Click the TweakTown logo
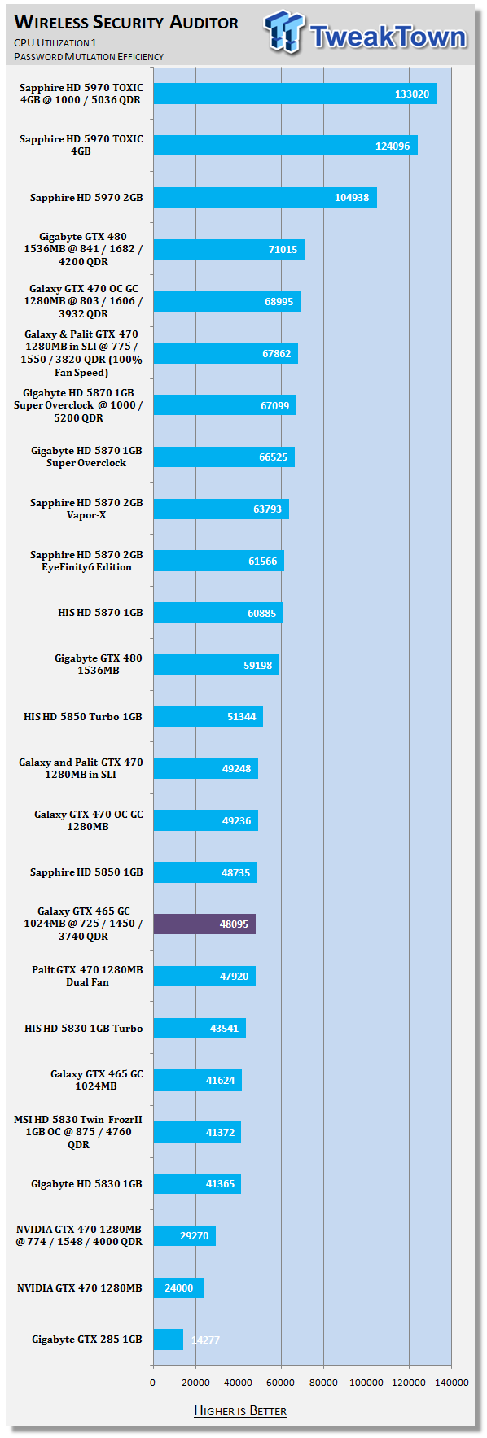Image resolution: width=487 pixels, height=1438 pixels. (366, 34)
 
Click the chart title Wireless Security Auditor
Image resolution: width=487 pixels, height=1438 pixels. (127, 22)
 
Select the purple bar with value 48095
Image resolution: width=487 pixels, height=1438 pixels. (204, 924)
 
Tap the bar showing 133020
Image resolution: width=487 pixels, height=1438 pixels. (296, 94)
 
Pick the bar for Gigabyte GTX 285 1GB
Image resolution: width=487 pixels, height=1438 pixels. (169, 1339)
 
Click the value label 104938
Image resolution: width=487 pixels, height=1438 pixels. (352, 198)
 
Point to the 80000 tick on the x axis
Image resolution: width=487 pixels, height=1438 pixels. (323, 1382)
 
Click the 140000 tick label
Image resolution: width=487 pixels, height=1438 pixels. (451, 1382)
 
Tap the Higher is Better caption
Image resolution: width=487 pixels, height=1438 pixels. (240, 1410)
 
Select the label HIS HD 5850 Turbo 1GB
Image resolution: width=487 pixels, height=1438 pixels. (83, 717)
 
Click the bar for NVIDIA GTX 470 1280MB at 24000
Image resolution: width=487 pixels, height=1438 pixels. (179, 1287)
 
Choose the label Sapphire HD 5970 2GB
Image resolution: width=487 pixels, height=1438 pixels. (86, 198)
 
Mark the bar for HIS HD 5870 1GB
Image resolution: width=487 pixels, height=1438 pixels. (218, 613)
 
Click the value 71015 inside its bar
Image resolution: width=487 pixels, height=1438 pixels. (283, 250)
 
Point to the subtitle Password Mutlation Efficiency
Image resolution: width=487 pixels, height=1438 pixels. (89, 57)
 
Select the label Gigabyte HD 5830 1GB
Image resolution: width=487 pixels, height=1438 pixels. (87, 1184)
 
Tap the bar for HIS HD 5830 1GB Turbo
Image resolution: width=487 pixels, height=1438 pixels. (200, 1028)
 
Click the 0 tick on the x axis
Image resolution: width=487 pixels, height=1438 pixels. (152, 1382)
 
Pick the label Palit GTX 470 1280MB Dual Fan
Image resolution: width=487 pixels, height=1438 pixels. (87, 976)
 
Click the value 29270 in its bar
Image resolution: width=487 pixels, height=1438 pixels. (194, 1235)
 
